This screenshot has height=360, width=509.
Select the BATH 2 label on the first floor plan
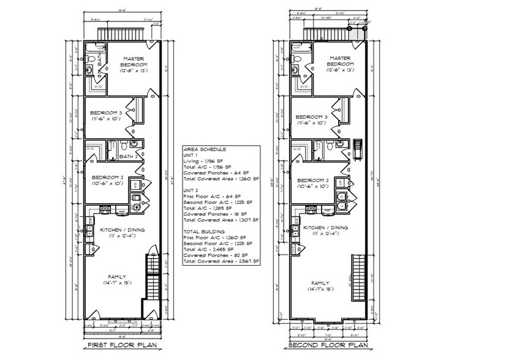[128, 156]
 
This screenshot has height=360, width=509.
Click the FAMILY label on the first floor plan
[116, 276]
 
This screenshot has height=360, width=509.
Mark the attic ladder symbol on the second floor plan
[358, 148]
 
